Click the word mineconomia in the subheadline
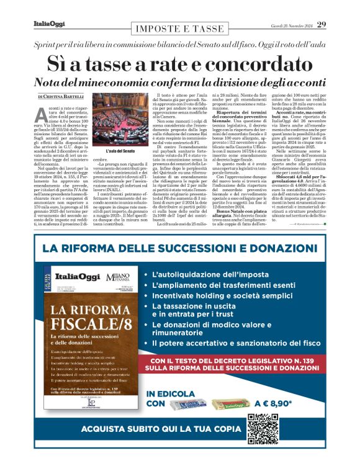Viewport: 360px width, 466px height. pos(116,83)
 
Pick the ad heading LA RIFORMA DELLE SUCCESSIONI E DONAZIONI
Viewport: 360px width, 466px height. pos(179,250)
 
